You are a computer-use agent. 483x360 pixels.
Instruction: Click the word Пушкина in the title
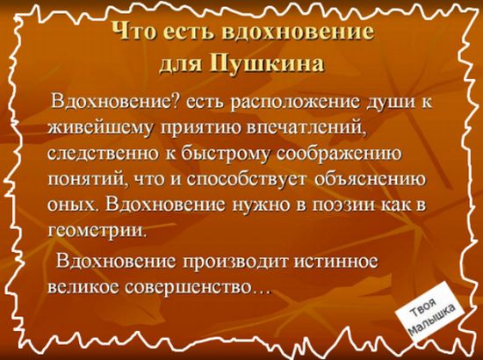click(267, 64)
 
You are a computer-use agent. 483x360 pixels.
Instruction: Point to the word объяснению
click(371, 179)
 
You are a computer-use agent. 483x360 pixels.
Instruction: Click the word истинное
click(335, 262)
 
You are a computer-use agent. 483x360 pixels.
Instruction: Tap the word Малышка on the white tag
click(433, 322)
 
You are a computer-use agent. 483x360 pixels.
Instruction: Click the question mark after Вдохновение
click(177, 102)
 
